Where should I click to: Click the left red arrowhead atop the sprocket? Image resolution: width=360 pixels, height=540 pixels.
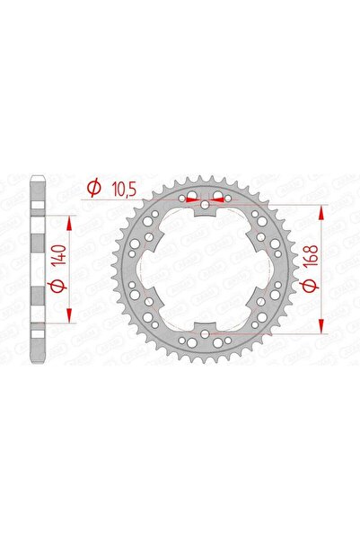[191, 200]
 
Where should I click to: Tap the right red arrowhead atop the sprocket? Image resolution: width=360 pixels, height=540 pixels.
[220, 200]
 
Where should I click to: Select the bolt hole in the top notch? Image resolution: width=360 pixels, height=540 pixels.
[206, 207]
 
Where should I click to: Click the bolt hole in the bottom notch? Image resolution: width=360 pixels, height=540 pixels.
[206, 333]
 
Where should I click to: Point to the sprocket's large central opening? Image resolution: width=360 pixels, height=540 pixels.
[206, 270]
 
